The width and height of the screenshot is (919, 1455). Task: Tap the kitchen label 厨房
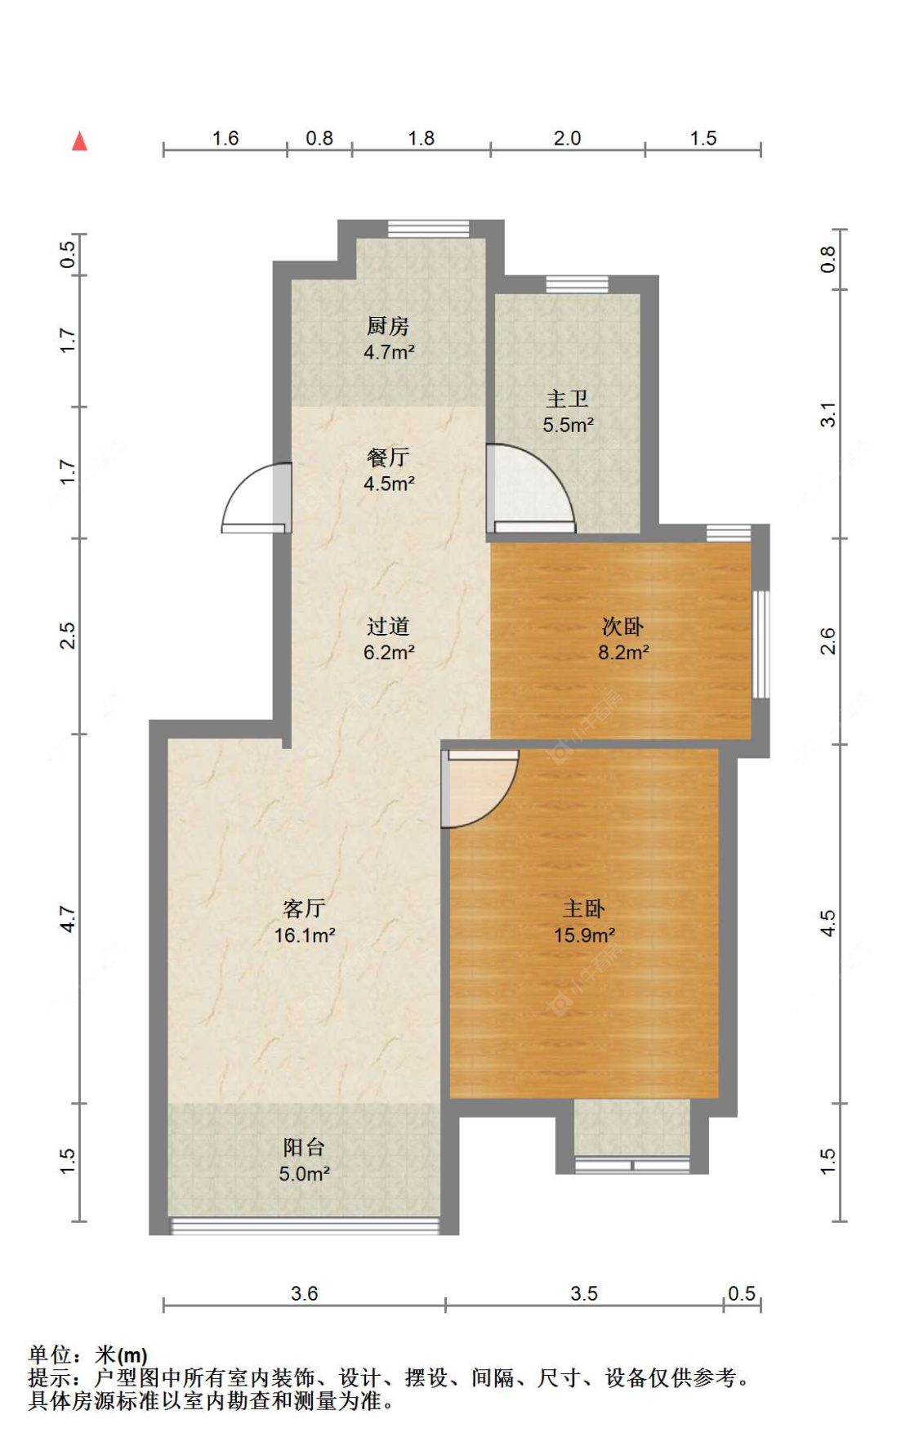tap(387, 326)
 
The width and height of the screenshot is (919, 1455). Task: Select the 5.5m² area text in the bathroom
tap(568, 425)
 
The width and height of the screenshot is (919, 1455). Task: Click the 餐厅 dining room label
tap(387, 457)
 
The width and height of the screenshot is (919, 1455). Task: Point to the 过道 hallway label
tap(387, 627)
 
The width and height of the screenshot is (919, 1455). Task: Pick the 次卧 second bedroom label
tap(622, 627)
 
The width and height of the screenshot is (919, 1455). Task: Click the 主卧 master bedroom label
tap(583, 908)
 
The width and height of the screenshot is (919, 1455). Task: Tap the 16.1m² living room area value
tap(304, 935)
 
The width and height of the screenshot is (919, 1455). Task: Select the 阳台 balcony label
tap(304, 1148)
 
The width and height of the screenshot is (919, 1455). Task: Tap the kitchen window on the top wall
tap(428, 228)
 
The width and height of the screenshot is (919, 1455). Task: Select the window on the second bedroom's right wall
tap(761, 645)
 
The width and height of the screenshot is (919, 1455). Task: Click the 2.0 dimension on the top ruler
tap(567, 138)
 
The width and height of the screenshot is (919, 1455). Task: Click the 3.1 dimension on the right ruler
tap(828, 414)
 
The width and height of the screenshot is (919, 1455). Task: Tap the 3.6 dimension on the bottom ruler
tap(304, 1293)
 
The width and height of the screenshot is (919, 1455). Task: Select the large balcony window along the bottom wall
tap(305, 1225)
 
